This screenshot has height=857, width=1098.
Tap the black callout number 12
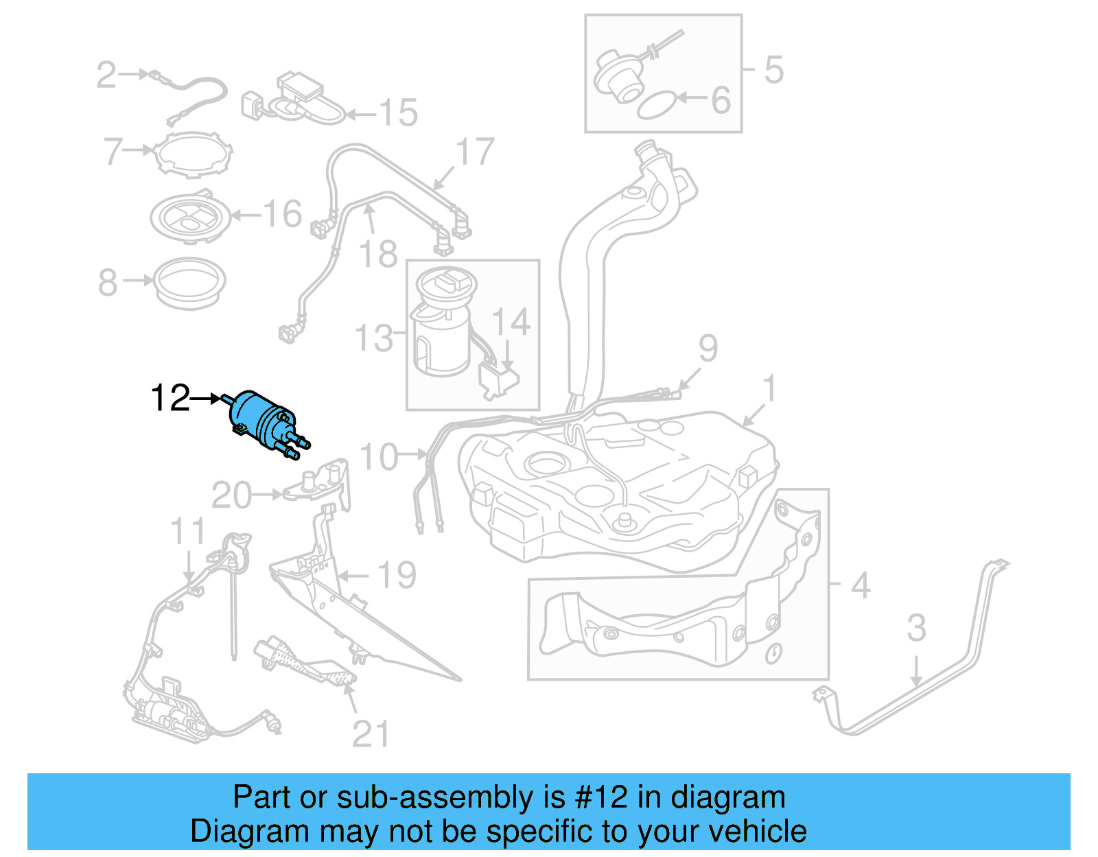[x=170, y=398]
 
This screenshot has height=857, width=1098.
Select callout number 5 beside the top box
[x=773, y=70]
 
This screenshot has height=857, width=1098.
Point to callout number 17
[x=475, y=152]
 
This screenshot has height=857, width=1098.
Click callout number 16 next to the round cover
[x=282, y=214]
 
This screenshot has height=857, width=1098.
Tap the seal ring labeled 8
[x=189, y=282]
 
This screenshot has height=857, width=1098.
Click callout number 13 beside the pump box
[x=374, y=338]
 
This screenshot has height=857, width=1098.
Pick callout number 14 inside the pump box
[x=511, y=322]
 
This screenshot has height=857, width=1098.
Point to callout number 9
[x=708, y=349]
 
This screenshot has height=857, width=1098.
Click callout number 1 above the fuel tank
[x=770, y=388]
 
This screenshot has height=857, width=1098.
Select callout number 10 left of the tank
[x=378, y=457]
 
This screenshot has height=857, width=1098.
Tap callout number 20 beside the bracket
[x=232, y=495]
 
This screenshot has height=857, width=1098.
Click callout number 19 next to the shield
[x=397, y=575]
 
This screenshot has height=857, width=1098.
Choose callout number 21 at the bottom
[x=371, y=734]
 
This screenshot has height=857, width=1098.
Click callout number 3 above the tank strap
[x=917, y=628]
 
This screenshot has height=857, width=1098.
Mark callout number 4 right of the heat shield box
[x=861, y=586]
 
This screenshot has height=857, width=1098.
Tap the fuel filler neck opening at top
[x=645, y=147]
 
